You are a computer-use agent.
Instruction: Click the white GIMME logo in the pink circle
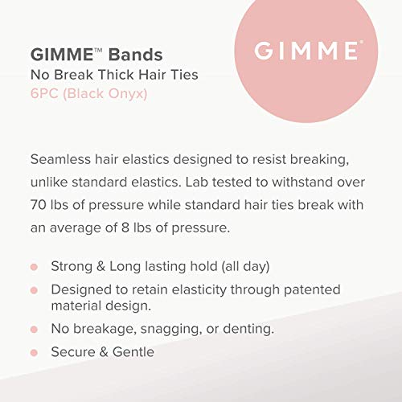[306, 51]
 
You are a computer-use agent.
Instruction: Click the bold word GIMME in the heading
[59, 56]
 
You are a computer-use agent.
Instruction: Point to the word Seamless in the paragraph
[64, 158]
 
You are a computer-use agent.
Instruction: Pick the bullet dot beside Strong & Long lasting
[34, 267]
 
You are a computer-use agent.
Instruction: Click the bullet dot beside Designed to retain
[34, 289]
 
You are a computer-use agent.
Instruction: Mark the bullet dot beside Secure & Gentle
[34, 352]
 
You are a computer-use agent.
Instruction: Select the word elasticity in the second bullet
[202, 289]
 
